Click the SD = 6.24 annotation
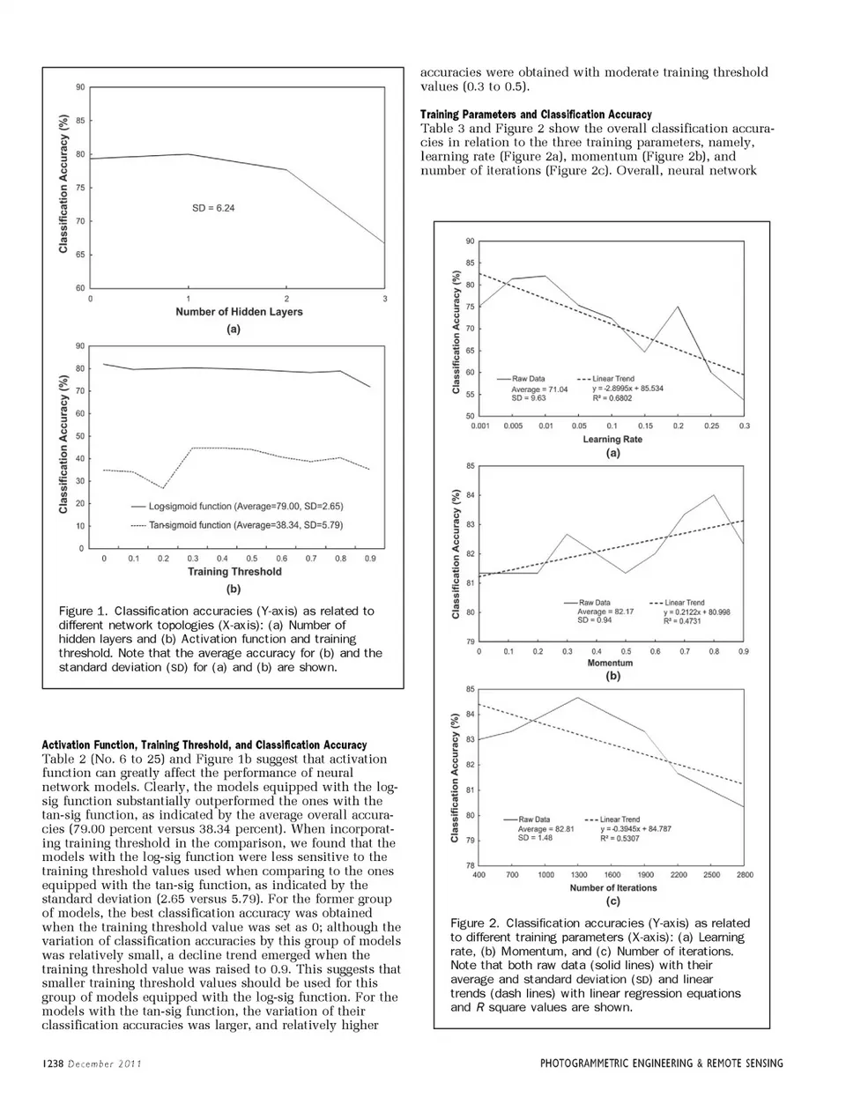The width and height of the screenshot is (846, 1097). point(213,208)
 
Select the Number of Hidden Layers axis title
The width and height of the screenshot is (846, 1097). point(239,312)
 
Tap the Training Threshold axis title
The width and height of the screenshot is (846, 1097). point(234,572)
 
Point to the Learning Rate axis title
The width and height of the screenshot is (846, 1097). point(612,439)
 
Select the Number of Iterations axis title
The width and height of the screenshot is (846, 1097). point(613,887)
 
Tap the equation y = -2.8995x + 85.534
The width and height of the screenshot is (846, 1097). point(627,389)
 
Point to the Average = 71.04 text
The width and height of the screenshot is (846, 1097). point(539,389)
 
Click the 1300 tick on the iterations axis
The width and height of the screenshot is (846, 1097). point(579,875)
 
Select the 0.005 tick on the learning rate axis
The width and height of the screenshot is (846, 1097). point(513,426)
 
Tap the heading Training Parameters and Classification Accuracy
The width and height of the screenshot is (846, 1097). point(536,115)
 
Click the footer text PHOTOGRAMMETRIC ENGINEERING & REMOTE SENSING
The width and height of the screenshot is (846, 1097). point(661,1064)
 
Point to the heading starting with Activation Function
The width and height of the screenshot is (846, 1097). point(204,745)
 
